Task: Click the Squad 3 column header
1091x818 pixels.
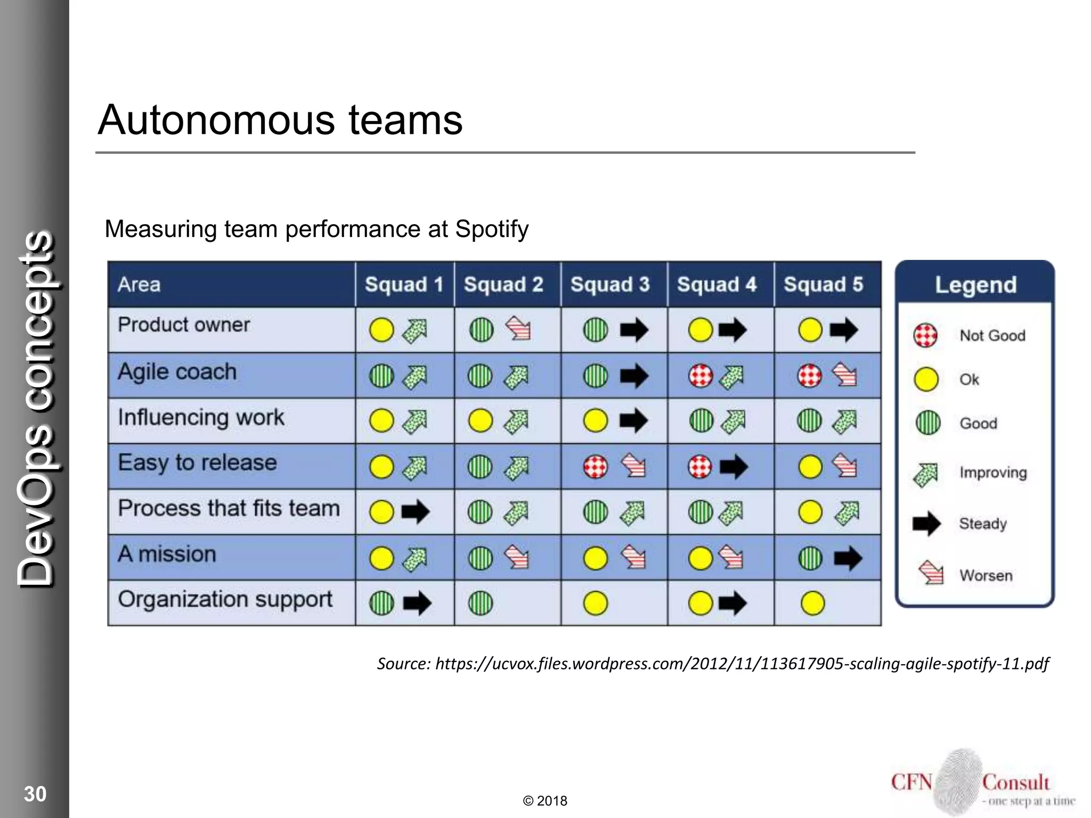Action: click(x=610, y=284)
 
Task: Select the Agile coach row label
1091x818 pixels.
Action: click(x=177, y=372)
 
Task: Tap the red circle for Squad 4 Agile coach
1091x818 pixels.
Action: click(x=700, y=376)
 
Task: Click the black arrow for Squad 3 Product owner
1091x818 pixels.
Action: click(x=634, y=330)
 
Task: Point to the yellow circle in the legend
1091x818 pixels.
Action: click(x=926, y=379)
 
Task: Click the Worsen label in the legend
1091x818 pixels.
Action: click(x=986, y=575)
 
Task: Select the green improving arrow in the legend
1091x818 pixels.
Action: click(x=926, y=474)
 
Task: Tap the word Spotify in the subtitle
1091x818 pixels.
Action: click(x=491, y=229)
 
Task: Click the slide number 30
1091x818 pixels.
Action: click(x=35, y=794)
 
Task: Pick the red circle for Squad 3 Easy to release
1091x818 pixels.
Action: click(x=595, y=467)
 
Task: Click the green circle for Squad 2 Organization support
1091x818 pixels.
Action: click(x=481, y=603)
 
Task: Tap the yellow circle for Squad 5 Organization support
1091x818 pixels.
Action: click(x=812, y=603)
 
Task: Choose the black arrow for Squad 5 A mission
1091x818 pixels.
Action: click(x=847, y=558)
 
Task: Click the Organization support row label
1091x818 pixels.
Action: click(x=225, y=600)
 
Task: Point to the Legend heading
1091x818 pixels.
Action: click(x=975, y=285)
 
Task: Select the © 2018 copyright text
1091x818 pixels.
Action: click(x=545, y=801)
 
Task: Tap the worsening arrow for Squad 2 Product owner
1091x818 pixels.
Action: click(x=518, y=329)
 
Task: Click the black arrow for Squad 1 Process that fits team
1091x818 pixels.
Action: click(x=415, y=512)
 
